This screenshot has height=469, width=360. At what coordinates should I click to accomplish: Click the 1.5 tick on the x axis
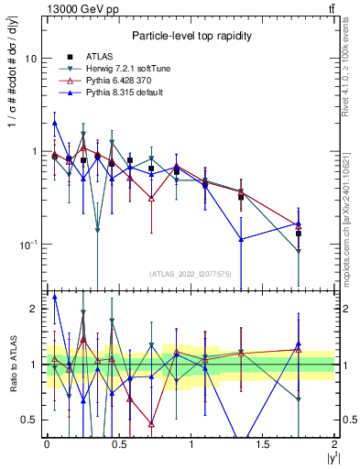(262, 444)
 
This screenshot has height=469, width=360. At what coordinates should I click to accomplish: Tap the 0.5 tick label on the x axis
(118, 444)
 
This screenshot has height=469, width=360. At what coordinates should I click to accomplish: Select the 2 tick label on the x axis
(334, 444)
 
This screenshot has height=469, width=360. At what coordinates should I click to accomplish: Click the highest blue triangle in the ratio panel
(55, 297)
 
